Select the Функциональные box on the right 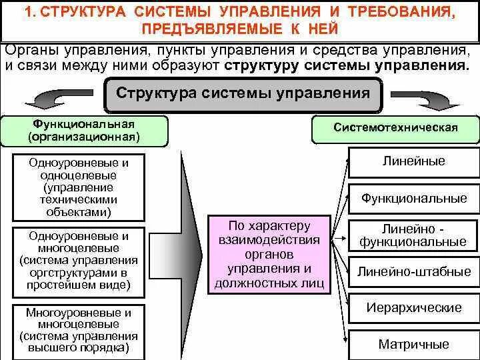tap(413, 198)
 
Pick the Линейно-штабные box tap(413, 271)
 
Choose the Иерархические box tap(413, 308)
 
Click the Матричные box tap(413, 344)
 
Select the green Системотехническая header tap(395, 128)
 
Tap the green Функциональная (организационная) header tap(84, 131)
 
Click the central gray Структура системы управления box tap(243, 94)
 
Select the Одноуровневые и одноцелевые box tap(79, 187)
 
